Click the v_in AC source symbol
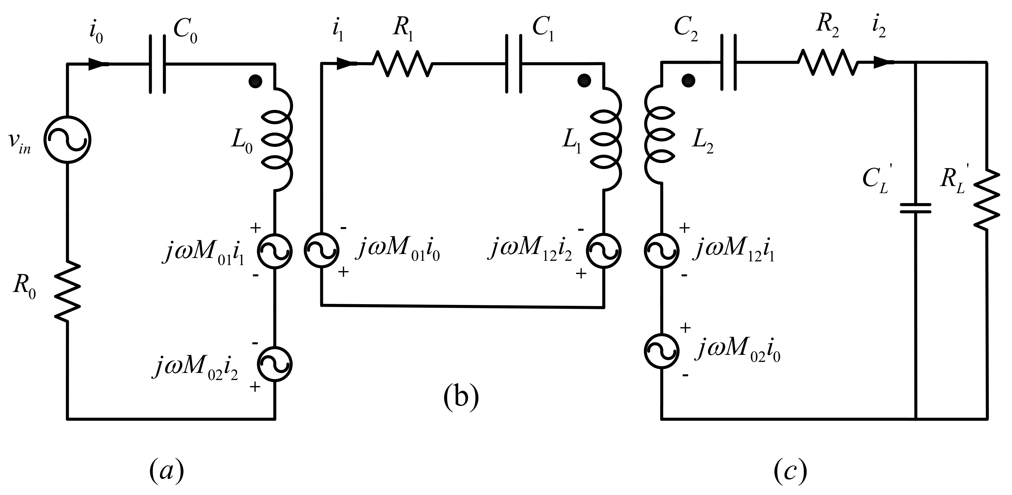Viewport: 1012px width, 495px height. (x=67, y=139)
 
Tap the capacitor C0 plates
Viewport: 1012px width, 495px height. (x=157, y=64)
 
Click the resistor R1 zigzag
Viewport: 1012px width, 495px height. (x=403, y=64)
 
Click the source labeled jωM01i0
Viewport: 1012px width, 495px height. (x=321, y=250)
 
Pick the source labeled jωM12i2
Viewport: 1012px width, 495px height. (x=604, y=250)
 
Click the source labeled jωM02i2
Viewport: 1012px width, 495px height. (x=275, y=364)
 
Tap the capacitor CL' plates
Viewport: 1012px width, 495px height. (x=916, y=208)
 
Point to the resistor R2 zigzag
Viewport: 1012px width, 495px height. (x=828, y=62)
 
